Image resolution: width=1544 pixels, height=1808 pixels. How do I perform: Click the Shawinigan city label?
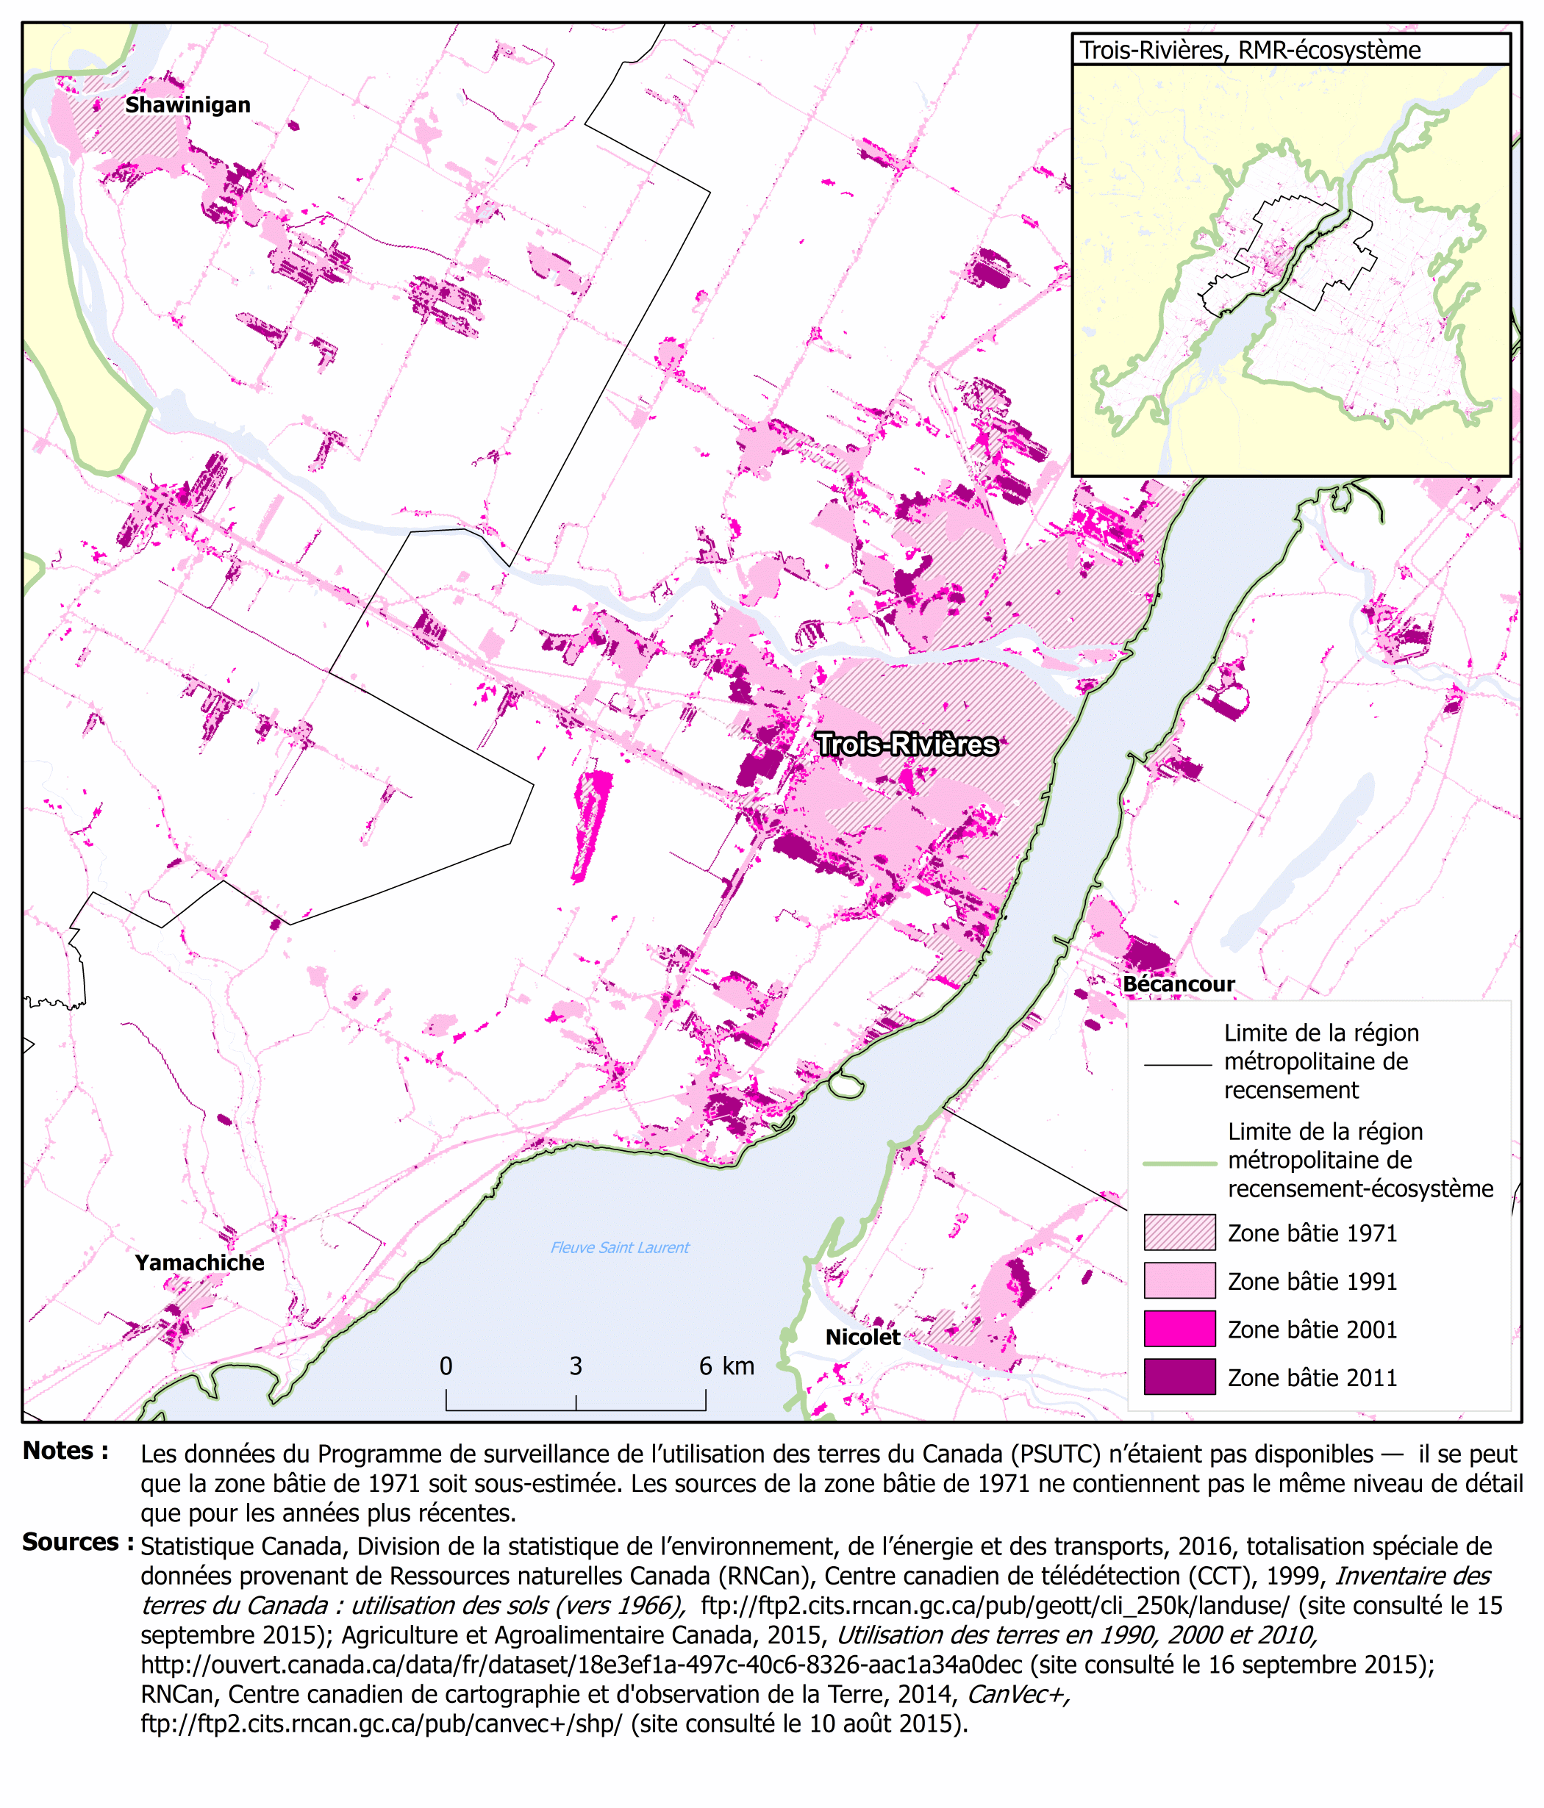coord(187,106)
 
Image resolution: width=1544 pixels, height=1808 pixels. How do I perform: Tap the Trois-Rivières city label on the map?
coord(907,745)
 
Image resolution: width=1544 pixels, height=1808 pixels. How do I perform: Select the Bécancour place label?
coord(1179,984)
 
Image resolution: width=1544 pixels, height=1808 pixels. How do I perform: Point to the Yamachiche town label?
coord(199,1263)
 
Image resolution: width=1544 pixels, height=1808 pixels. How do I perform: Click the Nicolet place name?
coord(862,1337)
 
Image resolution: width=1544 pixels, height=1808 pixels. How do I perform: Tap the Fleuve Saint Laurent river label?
coord(620,1248)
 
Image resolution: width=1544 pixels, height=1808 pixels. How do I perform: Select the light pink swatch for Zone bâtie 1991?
coord(1179,1281)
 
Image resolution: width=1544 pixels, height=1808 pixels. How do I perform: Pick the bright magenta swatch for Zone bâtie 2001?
coord(1179,1329)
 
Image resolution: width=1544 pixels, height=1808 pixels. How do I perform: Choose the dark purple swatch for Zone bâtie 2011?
coord(1179,1377)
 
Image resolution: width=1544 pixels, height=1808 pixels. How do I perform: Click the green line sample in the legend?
coord(1179,1163)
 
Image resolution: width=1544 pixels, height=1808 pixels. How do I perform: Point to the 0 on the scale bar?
coord(446,1366)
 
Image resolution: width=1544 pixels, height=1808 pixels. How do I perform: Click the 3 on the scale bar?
coord(576,1366)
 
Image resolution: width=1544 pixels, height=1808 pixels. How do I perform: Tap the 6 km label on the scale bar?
coord(726,1366)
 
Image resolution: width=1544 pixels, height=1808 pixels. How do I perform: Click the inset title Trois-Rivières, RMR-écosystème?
coord(1250,51)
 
